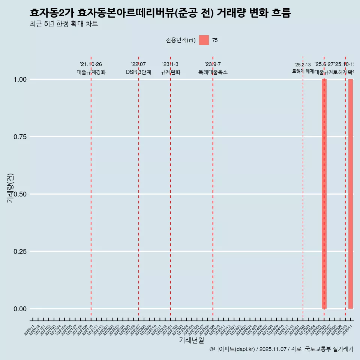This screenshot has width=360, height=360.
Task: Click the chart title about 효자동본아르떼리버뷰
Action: [160, 13]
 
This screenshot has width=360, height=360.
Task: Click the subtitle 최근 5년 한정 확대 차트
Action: [64, 24]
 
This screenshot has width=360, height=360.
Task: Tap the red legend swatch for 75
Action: [204, 40]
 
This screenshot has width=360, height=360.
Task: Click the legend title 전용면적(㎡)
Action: [181, 40]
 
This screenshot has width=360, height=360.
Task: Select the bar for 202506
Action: [324, 193]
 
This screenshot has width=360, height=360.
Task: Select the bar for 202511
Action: [351, 193]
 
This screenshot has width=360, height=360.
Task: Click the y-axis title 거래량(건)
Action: [10, 188]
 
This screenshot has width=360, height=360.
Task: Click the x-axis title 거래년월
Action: [191, 340]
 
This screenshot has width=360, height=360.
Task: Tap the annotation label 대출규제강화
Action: [91, 72]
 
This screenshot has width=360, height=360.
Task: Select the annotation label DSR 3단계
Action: [138, 72]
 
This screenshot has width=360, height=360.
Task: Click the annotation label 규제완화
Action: [171, 72]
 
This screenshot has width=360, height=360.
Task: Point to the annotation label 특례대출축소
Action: [213, 72]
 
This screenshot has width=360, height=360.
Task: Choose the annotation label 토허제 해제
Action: [303, 71]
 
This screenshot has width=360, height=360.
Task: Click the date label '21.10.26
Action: [91, 64]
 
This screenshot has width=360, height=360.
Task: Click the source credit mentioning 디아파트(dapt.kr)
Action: [281, 349]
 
